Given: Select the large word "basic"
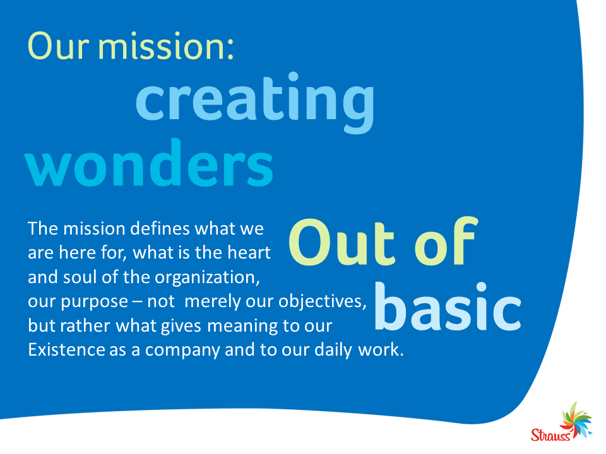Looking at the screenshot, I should coord(448,308).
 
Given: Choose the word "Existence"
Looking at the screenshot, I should coord(66,350).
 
